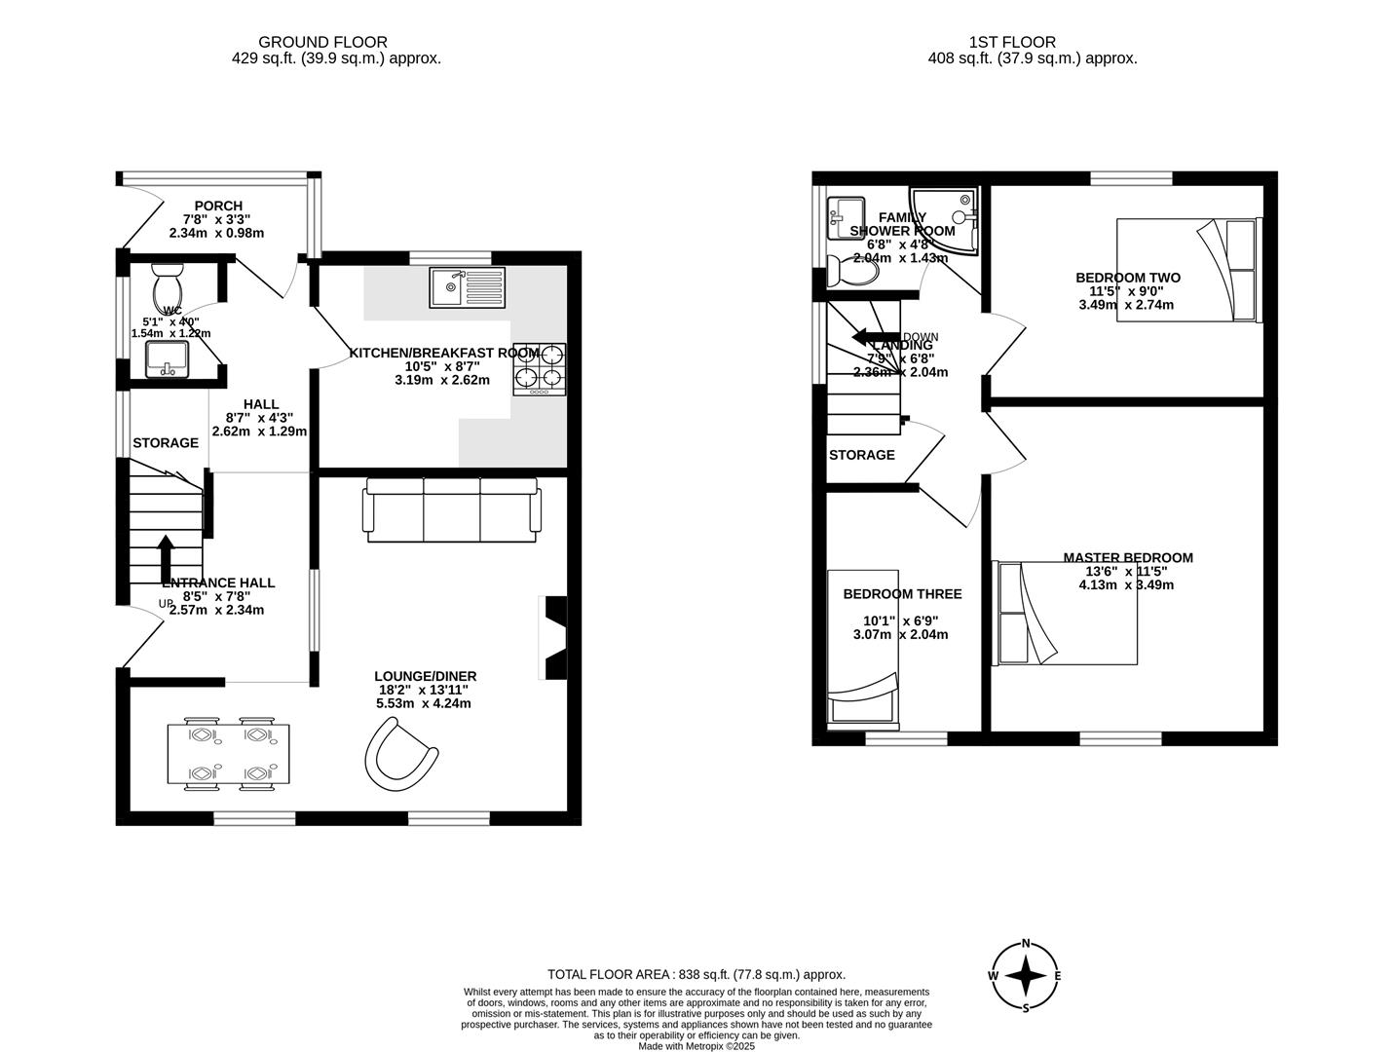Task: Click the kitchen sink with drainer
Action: tap(468, 287)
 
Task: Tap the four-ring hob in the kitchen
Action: tap(540, 369)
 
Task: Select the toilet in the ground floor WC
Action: tap(168, 285)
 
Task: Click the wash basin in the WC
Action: tap(168, 358)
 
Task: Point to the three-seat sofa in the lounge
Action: tap(451, 509)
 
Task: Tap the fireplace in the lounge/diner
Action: tap(552, 637)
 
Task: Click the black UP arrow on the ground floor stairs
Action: tap(166, 557)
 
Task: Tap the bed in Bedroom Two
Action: tap(1188, 271)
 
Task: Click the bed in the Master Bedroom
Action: tap(1066, 613)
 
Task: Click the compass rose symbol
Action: tap(1025, 975)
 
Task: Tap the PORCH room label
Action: tap(218, 206)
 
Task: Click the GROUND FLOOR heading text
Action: tap(322, 42)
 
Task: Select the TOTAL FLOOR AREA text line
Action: tap(696, 974)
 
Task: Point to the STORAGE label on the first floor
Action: tap(861, 455)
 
